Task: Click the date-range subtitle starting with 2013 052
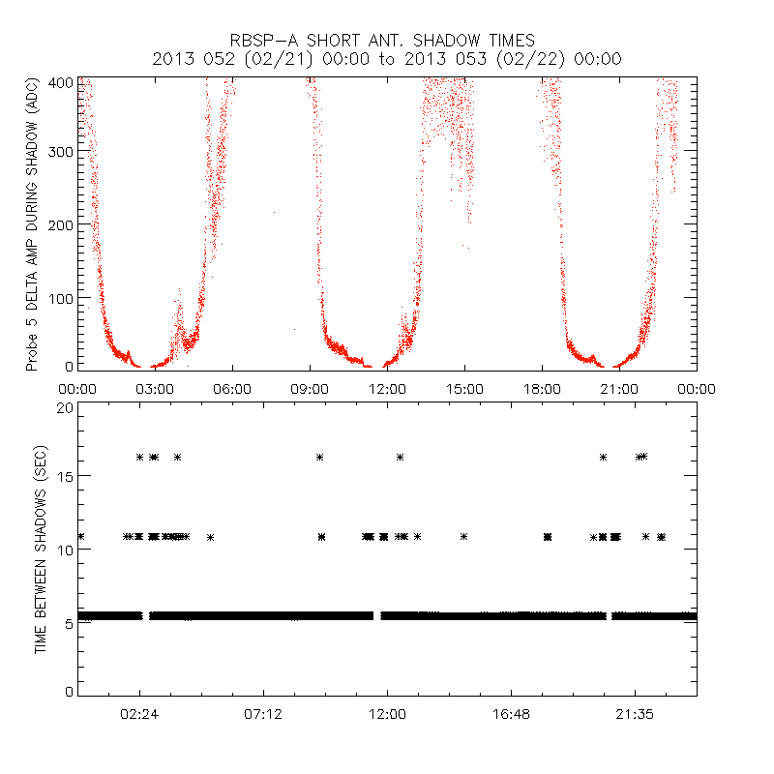coord(387,59)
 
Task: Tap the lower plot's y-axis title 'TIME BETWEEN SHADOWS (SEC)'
coord(41,550)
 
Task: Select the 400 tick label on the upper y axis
coord(61,82)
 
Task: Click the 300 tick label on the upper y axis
coord(61,153)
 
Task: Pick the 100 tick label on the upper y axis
coord(61,296)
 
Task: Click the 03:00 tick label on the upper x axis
coord(155,389)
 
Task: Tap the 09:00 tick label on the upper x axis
coord(310,389)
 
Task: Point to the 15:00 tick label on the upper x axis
coord(464,389)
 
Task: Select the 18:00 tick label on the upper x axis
coord(542,389)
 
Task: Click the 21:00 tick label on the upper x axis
coord(619,389)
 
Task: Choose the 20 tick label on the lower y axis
coord(64,408)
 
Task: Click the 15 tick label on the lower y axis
coord(64,476)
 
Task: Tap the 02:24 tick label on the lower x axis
coord(139,714)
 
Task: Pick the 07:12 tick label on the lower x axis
coord(263,714)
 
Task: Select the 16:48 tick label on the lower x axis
coord(511,714)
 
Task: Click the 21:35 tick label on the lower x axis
coord(635,714)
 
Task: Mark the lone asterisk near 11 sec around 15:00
coord(464,536)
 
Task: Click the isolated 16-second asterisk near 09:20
coord(319,457)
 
